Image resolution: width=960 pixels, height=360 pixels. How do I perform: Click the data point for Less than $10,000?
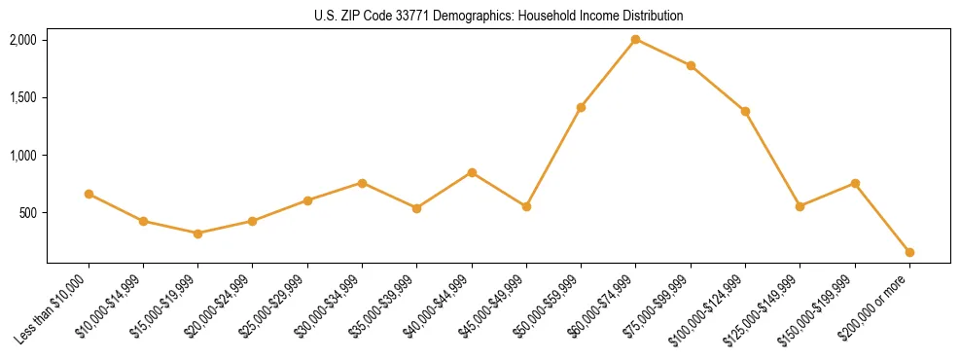click(89, 194)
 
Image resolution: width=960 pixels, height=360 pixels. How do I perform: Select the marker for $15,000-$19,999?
click(197, 234)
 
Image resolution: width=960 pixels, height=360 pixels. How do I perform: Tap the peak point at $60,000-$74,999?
click(635, 39)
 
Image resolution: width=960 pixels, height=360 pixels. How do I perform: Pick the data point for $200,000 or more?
click(909, 252)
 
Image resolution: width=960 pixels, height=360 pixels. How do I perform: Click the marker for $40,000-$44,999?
click(472, 172)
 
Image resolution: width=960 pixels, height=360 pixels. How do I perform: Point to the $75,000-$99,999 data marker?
click(691, 65)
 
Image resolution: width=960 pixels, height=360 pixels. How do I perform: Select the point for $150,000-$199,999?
click(855, 183)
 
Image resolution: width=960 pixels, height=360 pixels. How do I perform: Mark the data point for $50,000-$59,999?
click(581, 107)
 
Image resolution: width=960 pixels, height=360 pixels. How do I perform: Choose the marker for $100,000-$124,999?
click(745, 111)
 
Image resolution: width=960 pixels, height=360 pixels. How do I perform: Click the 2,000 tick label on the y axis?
click(22, 40)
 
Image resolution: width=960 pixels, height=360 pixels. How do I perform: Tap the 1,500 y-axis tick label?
click(22, 97)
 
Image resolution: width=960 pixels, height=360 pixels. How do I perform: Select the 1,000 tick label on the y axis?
click(22, 156)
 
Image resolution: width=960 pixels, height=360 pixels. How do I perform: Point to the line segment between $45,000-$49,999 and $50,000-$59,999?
click(553, 157)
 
